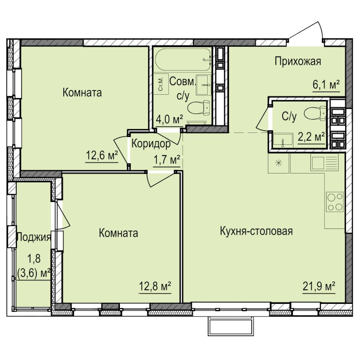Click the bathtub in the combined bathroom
pyautogui.click(x=183, y=59)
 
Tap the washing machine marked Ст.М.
pyautogui.click(x=161, y=84)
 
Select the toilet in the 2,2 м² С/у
pyautogui.click(x=315, y=113)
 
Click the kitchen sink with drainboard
pyautogui.click(x=324, y=162)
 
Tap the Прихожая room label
pyautogui.click(x=298, y=62)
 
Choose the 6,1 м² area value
pyautogui.click(x=326, y=85)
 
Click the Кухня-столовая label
pyautogui.click(x=256, y=231)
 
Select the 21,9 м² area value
pyautogui.click(x=319, y=286)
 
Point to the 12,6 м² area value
pyautogui.click(x=102, y=156)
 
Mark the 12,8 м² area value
pyautogui.click(x=155, y=286)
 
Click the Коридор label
pyautogui.click(x=151, y=144)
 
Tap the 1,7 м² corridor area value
pyautogui.click(x=166, y=160)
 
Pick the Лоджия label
pyautogui.click(x=34, y=237)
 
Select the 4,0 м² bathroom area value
pyautogui.click(x=170, y=120)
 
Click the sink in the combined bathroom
pyautogui.click(x=203, y=85)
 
